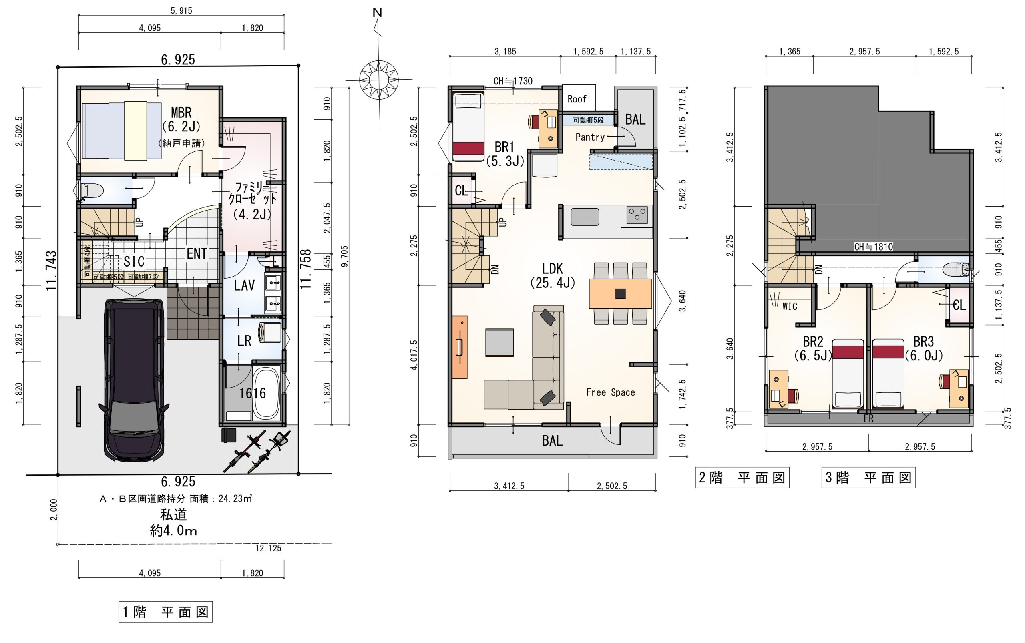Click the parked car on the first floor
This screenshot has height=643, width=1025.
pos(134,380)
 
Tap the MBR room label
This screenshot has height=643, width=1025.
pos(181,113)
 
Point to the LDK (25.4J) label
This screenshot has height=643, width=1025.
pos(553,275)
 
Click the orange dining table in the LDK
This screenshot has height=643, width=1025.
pos(620,293)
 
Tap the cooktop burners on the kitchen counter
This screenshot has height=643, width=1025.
pos(637,215)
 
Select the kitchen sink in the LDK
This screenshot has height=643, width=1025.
pos(585,217)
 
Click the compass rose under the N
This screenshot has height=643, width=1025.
pos(378,80)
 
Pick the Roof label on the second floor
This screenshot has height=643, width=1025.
pos(577,99)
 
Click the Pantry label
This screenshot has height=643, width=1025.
pos(590,137)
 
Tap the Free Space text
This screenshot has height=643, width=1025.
pos(610,392)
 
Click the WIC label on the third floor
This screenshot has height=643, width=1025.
pos(790,306)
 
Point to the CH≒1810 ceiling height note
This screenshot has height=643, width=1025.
pos(874,247)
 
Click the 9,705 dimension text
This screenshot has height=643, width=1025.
pos(344,256)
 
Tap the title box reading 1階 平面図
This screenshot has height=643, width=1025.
pos(165,611)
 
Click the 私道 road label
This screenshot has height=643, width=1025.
pos(173,515)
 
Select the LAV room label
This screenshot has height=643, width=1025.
pos(244,285)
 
